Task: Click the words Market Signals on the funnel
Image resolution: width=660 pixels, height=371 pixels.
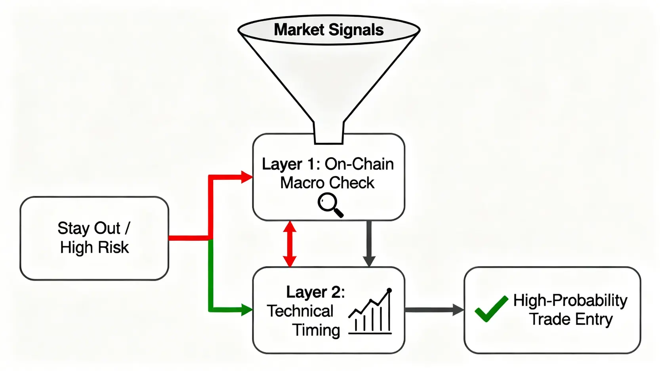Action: pyautogui.click(x=328, y=30)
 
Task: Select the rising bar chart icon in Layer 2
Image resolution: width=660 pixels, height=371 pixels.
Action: pyautogui.click(x=371, y=312)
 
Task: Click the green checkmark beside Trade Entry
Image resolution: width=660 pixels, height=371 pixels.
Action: pyautogui.click(x=491, y=308)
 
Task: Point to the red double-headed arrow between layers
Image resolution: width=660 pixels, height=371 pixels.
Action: pyautogui.click(x=290, y=244)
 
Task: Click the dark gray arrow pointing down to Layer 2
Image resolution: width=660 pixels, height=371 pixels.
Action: pyautogui.click(x=369, y=244)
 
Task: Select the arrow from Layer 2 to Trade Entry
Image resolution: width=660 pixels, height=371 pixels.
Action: pyautogui.click(x=434, y=310)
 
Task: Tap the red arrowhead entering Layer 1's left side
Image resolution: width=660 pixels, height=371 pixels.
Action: pyautogui.click(x=247, y=177)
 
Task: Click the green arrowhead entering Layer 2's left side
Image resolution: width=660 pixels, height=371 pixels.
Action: pyautogui.click(x=247, y=309)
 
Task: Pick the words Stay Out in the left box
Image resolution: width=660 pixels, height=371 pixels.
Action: pyautogui.click(x=89, y=228)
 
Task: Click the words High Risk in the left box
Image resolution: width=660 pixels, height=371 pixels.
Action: pyautogui.click(x=94, y=247)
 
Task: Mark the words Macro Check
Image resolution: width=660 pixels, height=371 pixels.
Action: pyautogui.click(x=327, y=183)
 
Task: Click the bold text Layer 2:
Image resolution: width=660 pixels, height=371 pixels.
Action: pyautogui.click(x=315, y=292)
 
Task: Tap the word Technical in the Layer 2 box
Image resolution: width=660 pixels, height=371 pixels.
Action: pyautogui.click(x=300, y=311)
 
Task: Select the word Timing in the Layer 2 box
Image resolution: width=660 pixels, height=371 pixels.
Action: pyautogui.click(x=316, y=330)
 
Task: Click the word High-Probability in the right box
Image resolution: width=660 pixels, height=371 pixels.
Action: pyautogui.click(x=570, y=301)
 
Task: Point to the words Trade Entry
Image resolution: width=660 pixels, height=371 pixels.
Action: pyautogui.click(x=571, y=319)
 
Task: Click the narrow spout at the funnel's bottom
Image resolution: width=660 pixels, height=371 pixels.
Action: pyautogui.click(x=328, y=133)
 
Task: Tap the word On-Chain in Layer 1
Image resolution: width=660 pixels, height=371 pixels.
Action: pyautogui.click(x=359, y=164)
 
